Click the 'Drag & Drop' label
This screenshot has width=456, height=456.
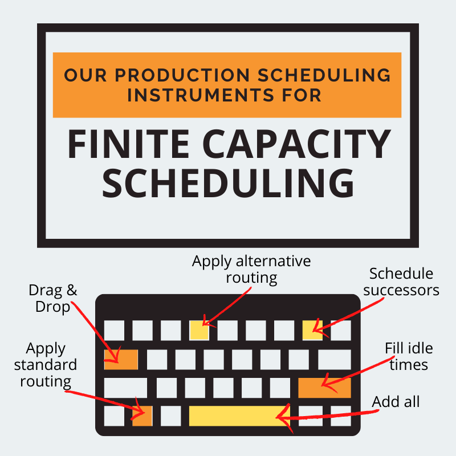(52, 298)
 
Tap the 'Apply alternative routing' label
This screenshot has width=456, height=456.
(251, 270)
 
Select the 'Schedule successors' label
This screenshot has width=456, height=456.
(401, 282)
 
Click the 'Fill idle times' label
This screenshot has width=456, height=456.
(406, 356)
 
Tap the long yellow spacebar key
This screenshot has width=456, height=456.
(239, 416)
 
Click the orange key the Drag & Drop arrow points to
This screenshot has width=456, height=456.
(121, 359)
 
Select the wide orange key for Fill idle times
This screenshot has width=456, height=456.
(324, 387)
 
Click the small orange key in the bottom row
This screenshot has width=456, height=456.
(142, 416)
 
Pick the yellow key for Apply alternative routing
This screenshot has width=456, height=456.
(199, 330)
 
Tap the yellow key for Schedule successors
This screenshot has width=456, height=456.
(312, 330)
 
